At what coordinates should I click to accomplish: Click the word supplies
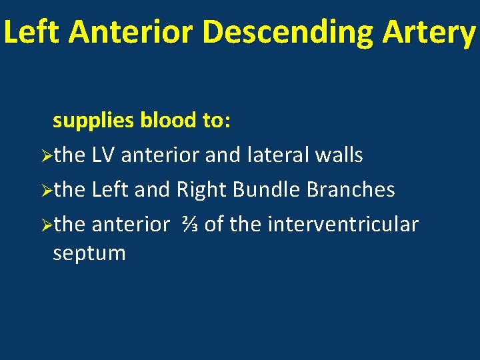tap(94, 121)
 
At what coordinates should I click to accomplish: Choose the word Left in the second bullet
tap(111, 190)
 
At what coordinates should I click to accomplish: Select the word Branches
tap(351, 190)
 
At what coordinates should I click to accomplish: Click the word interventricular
tap(343, 225)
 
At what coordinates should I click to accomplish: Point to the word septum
tap(89, 253)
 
